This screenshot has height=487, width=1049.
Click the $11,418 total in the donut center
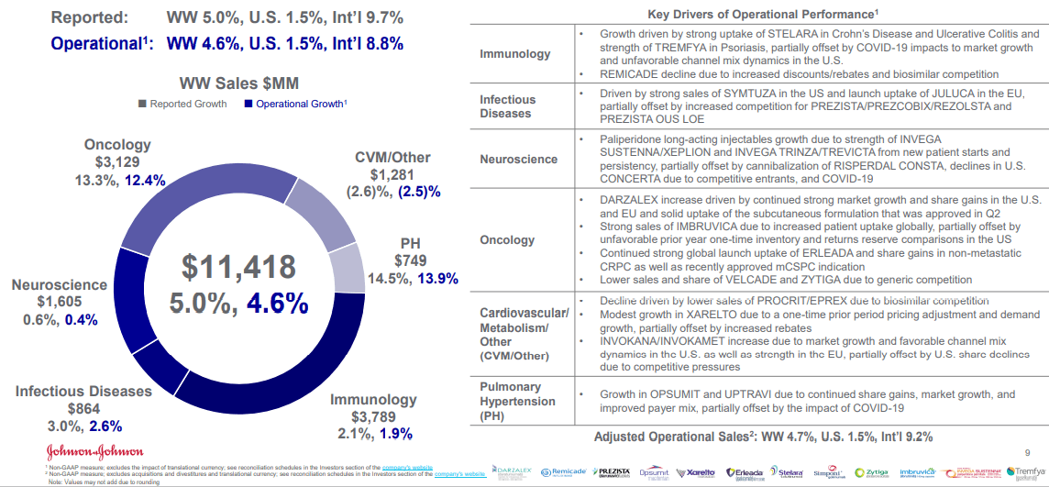tap(238, 266)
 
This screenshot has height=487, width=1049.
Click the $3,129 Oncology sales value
tap(117, 162)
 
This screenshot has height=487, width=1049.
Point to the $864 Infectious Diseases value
tap(83, 408)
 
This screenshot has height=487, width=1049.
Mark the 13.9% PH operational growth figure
tap(437, 278)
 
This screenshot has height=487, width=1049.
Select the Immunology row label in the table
tap(515, 54)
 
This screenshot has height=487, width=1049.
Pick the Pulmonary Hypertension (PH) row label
tap(517, 401)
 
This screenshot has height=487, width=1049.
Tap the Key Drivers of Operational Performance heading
tap(763, 14)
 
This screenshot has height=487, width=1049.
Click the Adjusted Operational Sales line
tap(763, 437)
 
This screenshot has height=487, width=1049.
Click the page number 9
tap(1026, 451)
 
